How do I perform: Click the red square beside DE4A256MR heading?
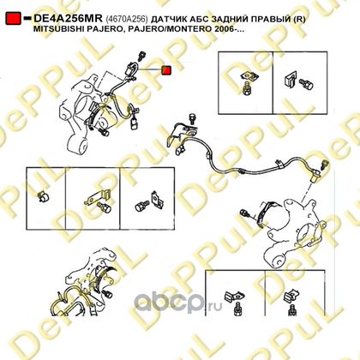click(13, 19)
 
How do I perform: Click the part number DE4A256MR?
click(68, 19)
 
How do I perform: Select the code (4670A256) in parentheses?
click(127, 19)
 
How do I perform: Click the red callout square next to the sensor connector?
click(166, 70)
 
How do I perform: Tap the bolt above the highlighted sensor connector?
click(141, 56)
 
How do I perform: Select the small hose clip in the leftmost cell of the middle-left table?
click(44, 196)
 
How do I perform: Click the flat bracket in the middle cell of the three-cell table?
click(97, 197)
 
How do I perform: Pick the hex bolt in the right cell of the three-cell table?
click(141, 205)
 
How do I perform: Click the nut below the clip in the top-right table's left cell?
click(245, 89)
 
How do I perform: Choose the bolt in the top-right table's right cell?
click(306, 83)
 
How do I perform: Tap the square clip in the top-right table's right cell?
click(291, 80)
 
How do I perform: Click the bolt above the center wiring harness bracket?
click(193, 118)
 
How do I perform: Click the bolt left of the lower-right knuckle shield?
click(246, 213)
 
